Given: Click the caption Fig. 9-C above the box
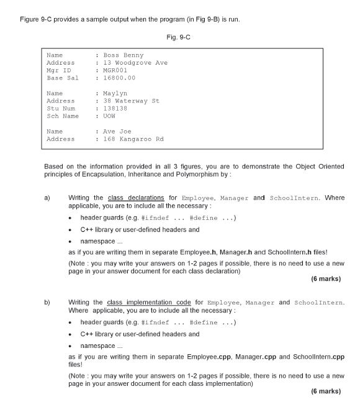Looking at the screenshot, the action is point(179,38).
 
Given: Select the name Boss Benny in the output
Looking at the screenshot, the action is point(123,55).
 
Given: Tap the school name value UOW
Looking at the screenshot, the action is point(109,116).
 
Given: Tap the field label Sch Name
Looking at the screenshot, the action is point(63,116).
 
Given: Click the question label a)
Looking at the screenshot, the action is point(47,198).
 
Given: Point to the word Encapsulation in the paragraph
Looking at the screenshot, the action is point(104,175).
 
